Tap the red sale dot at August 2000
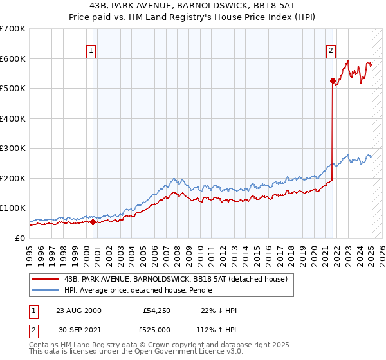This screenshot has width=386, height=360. (93, 222)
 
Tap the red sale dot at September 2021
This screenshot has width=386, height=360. (333, 81)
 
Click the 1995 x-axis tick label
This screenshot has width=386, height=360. (30, 251)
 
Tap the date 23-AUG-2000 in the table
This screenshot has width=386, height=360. (79, 310)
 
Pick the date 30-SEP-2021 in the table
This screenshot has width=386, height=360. (79, 330)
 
